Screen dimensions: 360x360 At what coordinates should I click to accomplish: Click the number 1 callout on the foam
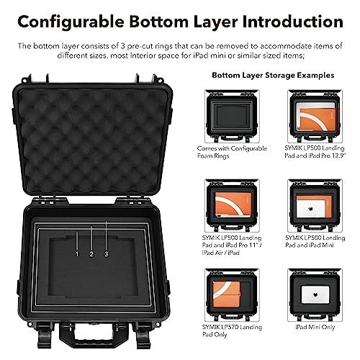coord(77,254)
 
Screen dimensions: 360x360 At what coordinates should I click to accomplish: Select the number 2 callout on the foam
coord(91,254)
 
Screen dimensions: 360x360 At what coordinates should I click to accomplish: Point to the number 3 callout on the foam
coord(106,254)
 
